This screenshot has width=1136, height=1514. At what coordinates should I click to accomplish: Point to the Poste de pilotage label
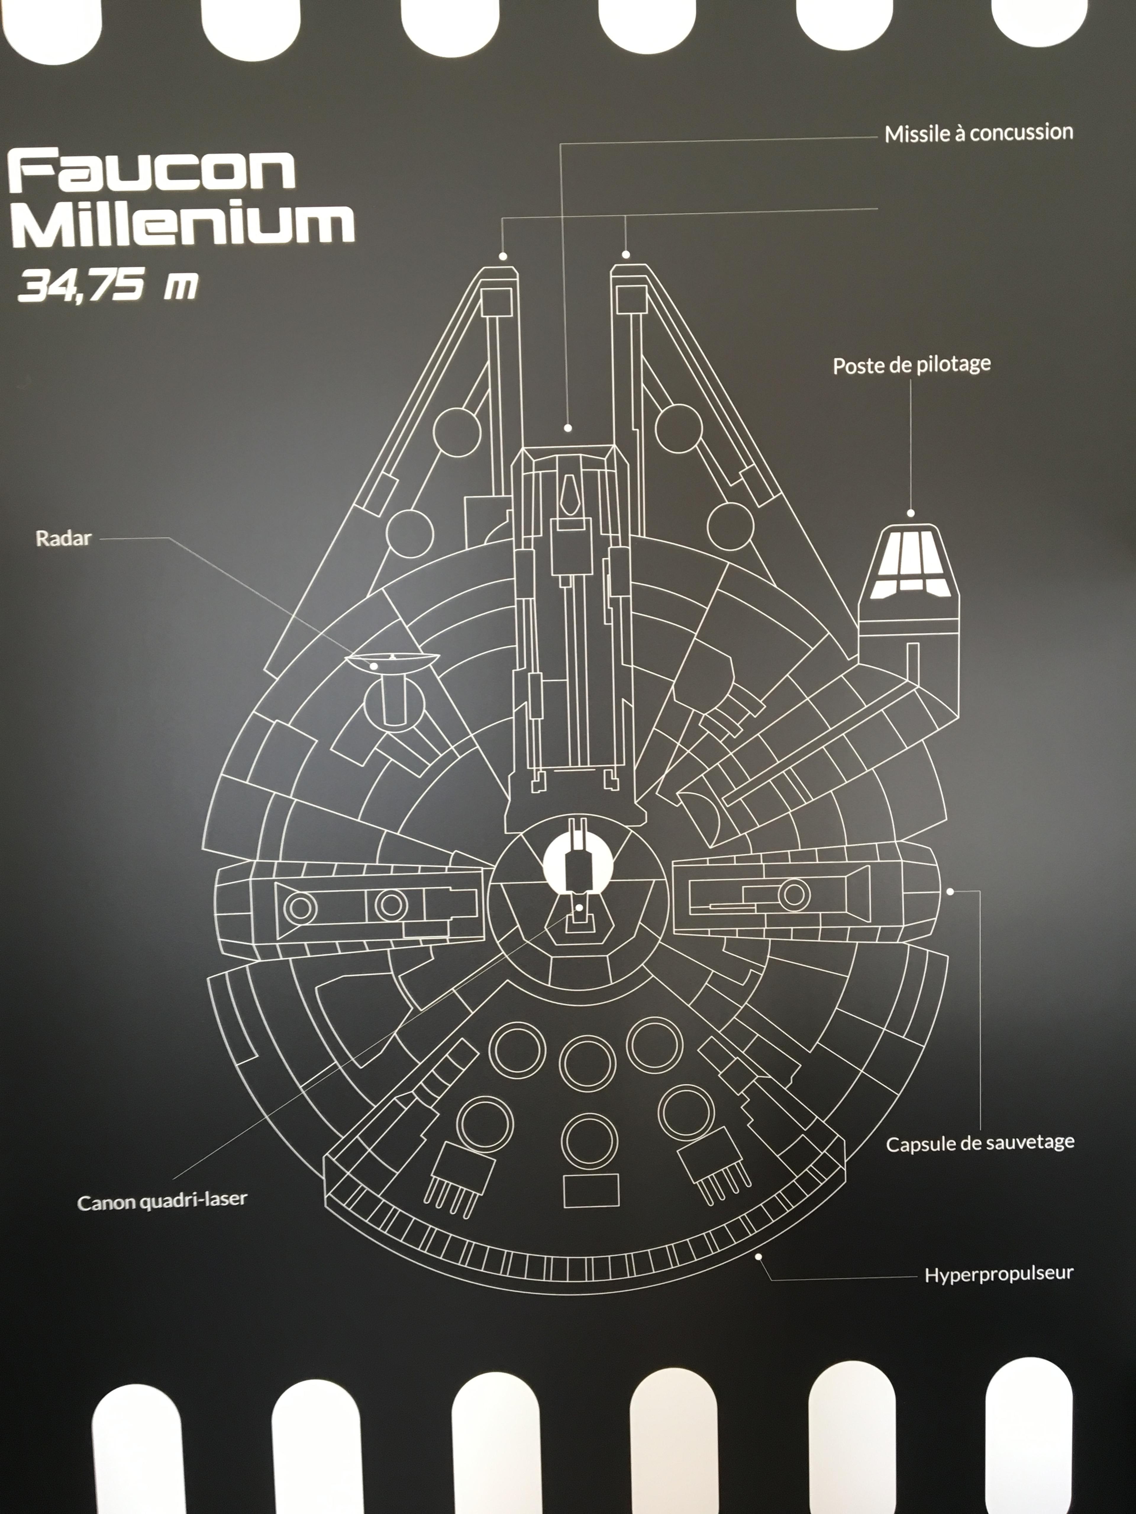(x=911, y=365)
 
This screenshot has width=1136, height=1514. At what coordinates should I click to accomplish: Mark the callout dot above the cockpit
(x=911, y=513)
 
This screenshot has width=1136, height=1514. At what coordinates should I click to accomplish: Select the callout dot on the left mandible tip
(x=503, y=257)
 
